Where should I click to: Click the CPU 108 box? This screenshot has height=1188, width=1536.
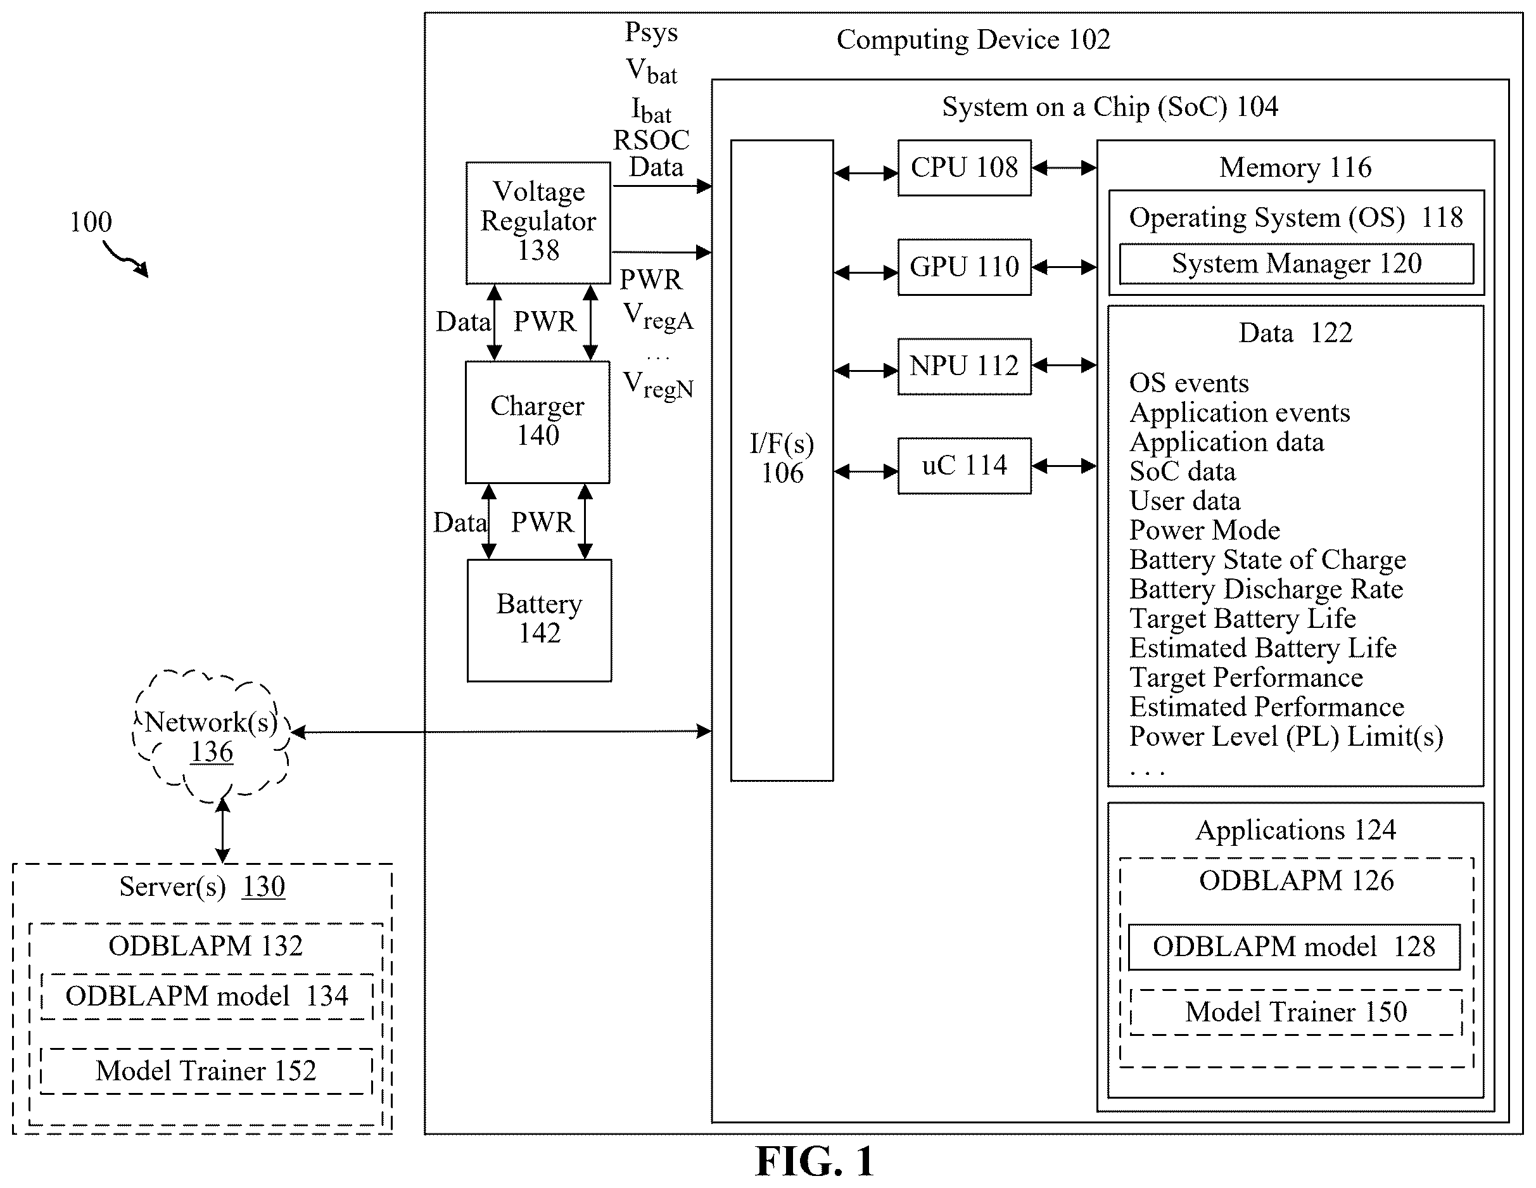pos(964,167)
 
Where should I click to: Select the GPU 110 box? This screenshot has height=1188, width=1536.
pos(964,267)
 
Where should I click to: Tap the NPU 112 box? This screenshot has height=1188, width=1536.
pos(964,366)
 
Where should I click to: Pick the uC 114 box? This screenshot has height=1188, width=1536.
pos(964,466)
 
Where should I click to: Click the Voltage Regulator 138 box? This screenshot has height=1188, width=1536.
pos(538,223)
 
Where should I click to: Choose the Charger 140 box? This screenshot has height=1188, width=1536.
pos(537,422)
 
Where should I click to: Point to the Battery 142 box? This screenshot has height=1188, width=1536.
pos(540,620)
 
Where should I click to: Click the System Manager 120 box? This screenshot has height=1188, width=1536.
pos(1296,264)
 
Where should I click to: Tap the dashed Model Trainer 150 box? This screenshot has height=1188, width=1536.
pos(1296,1012)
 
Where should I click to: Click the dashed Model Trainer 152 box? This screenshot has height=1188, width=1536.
pos(206,1071)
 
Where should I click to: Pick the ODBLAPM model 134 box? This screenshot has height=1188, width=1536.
pos(206,996)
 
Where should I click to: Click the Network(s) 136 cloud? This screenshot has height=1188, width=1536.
pos(211,736)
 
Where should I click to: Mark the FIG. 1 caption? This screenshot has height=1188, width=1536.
pos(815,1161)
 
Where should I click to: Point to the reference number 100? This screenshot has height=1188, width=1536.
pos(91,222)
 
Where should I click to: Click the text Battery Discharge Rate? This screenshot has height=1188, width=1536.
pos(1266,589)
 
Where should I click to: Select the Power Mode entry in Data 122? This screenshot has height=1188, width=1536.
pos(1204,530)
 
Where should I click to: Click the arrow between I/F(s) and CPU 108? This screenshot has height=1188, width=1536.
pos(866,172)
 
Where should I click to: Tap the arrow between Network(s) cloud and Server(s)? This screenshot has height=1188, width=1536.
pos(222,831)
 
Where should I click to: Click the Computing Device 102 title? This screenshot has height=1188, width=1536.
pos(974,40)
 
